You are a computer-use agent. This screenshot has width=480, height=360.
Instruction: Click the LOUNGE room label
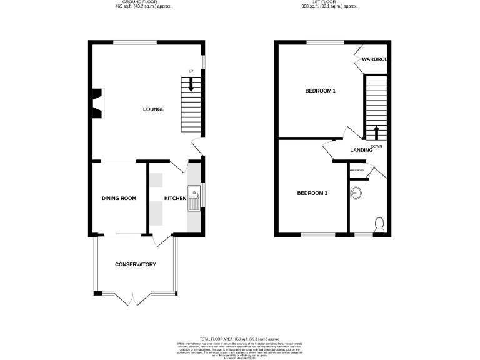click(153, 109)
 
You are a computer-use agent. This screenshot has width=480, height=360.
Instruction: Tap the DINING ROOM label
click(119, 198)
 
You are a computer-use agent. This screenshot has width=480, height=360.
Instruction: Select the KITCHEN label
click(175, 198)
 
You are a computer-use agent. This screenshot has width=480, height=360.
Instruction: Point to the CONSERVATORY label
click(135, 265)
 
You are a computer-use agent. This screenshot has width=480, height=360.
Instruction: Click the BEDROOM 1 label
click(321, 91)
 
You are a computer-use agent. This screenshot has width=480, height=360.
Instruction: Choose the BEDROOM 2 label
click(312, 193)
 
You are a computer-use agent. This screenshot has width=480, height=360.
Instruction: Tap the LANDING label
click(362, 150)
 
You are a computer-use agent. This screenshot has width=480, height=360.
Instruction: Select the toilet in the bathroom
click(378, 224)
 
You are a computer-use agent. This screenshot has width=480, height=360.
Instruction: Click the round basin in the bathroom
click(356, 192)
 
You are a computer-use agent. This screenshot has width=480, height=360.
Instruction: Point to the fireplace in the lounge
click(97, 103)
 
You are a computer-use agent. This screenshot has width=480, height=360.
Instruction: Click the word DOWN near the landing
click(376, 146)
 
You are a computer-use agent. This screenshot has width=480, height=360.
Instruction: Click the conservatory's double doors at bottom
click(134, 299)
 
